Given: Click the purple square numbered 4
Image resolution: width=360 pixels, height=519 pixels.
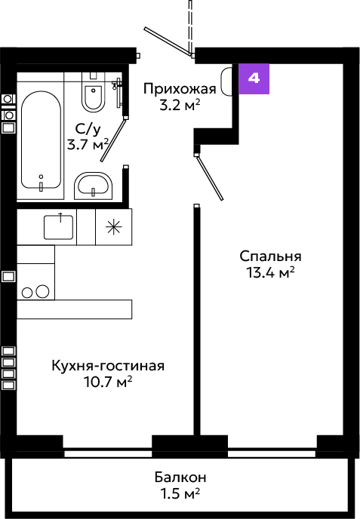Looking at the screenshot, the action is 254,78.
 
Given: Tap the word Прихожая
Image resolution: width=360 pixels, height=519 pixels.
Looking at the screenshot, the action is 180,89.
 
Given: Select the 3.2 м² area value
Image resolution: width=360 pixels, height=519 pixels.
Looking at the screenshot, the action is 180,106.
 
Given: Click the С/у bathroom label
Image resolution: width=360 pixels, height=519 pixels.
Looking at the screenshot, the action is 88,129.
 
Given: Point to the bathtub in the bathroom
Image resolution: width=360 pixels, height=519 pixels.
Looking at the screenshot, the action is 41,140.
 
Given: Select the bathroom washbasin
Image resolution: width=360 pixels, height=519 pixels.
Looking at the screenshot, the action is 93,186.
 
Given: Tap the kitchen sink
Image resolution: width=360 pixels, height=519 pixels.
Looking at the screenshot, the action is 59,227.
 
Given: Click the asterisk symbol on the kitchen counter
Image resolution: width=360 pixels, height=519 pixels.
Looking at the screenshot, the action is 114,227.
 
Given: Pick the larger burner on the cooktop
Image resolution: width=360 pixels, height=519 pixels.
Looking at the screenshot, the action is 42,292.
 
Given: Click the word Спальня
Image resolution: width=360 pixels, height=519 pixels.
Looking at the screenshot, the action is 271,256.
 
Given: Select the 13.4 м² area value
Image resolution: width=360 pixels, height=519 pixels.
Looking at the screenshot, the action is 270,273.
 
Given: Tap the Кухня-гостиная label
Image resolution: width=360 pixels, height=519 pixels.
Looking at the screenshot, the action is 108,366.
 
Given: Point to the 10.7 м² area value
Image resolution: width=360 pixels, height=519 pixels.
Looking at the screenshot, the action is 108,382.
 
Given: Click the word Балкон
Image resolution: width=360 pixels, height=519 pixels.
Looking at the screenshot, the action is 180,478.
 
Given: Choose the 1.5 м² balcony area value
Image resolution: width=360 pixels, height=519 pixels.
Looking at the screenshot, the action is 180,494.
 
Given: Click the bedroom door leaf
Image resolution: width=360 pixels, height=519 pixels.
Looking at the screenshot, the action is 210,178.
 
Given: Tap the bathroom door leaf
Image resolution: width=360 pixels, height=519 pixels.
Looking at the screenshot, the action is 114,140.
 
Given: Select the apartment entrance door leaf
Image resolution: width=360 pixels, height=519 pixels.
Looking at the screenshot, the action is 168,41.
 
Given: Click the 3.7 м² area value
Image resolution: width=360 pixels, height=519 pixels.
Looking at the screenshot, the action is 88,144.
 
